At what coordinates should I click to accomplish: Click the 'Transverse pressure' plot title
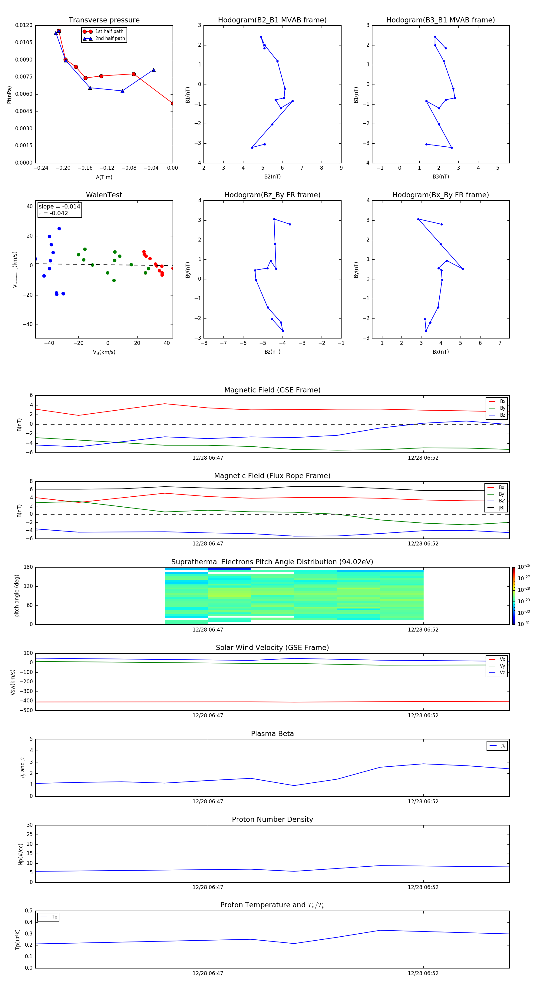104,20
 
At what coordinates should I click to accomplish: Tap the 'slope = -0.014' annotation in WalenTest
59,207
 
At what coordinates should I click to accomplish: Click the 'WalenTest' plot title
104,195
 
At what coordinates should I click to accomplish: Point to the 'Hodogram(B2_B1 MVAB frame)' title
272,20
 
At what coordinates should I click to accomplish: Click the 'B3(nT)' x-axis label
441,177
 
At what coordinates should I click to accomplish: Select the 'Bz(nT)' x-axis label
272,352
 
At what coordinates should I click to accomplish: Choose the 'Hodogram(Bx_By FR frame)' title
441,195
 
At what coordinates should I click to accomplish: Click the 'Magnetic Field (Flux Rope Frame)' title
272,476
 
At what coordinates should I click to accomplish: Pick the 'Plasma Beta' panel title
272,734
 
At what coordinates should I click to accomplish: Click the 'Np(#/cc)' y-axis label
21,854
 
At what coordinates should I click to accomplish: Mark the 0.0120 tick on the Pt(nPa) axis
24,25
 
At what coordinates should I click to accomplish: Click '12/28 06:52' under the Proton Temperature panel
423,973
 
